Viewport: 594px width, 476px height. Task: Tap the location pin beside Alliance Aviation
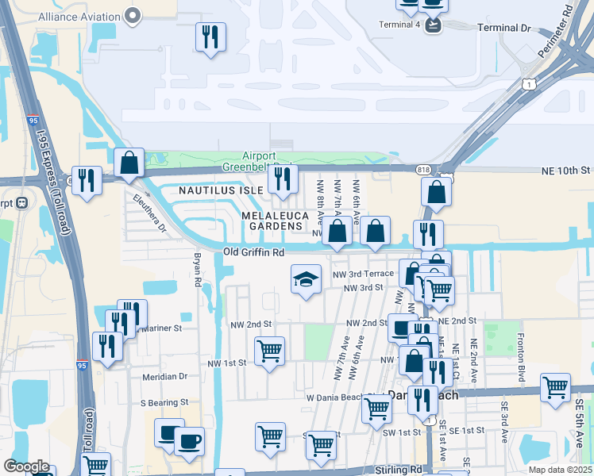[133, 15]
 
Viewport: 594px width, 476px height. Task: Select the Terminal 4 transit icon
[433, 25]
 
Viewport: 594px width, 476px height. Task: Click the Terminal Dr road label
[503, 28]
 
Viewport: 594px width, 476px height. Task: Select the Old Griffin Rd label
[253, 252]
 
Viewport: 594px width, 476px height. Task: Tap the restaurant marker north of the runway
[210, 36]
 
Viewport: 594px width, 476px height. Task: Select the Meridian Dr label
[164, 376]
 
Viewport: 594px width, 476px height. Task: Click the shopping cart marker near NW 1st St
[270, 351]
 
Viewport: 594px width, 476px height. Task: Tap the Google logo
[26, 467]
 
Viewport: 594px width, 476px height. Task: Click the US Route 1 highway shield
[527, 83]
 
